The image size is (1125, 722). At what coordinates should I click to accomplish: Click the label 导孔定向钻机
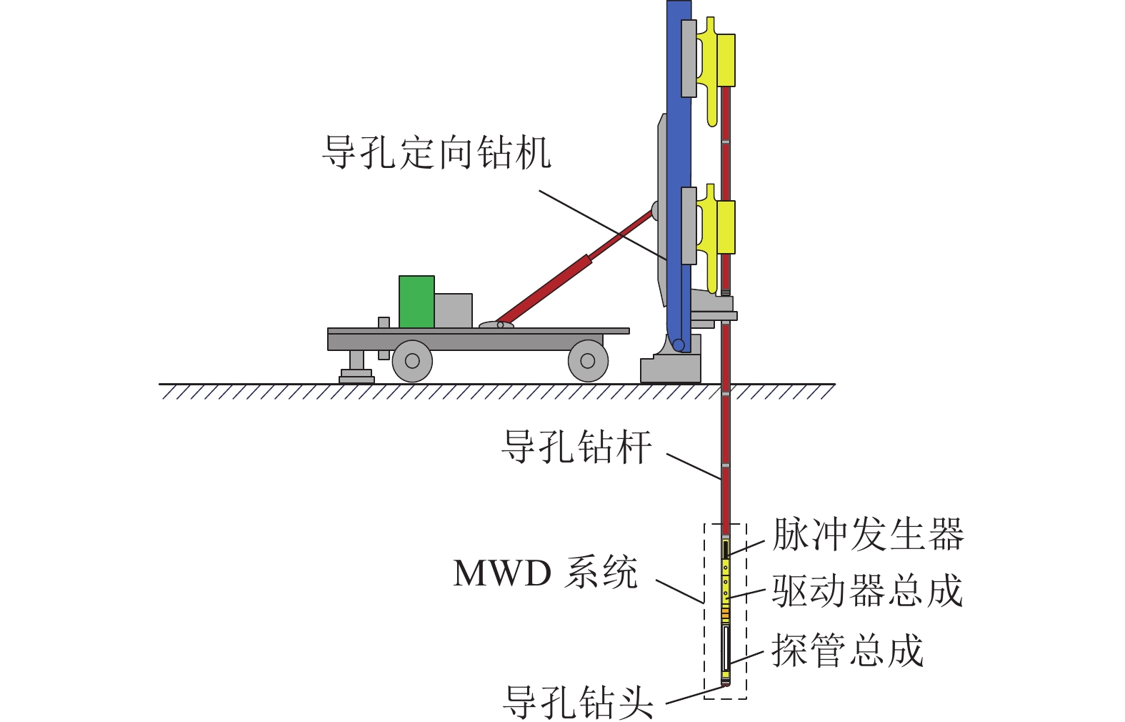click(x=436, y=152)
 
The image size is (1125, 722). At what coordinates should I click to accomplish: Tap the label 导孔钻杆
click(x=576, y=447)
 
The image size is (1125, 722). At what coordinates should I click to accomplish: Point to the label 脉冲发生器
click(x=868, y=534)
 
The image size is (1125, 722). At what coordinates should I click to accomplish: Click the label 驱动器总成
click(x=868, y=592)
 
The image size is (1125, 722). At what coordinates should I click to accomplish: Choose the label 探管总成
click(x=847, y=651)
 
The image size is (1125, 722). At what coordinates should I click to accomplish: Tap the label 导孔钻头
click(x=578, y=702)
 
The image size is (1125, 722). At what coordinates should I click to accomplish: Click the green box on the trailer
click(x=416, y=302)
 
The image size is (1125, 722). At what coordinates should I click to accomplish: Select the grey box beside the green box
click(x=453, y=310)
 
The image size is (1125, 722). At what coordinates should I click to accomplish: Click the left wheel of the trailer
click(x=412, y=361)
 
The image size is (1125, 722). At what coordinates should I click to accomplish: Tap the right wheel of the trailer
click(x=588, y=361)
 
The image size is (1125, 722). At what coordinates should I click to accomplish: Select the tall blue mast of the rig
click(x=679, y=143)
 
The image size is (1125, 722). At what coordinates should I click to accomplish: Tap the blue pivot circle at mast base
click(x=679, y=346)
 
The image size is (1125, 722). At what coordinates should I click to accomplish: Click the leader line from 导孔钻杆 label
click(x=693, y=465)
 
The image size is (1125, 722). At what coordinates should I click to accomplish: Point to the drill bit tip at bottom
click(x=726, y=683)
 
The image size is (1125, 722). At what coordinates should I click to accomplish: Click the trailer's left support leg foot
click(x=356, y=376)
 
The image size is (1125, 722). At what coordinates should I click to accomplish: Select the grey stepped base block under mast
click(x=670, y=368)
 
